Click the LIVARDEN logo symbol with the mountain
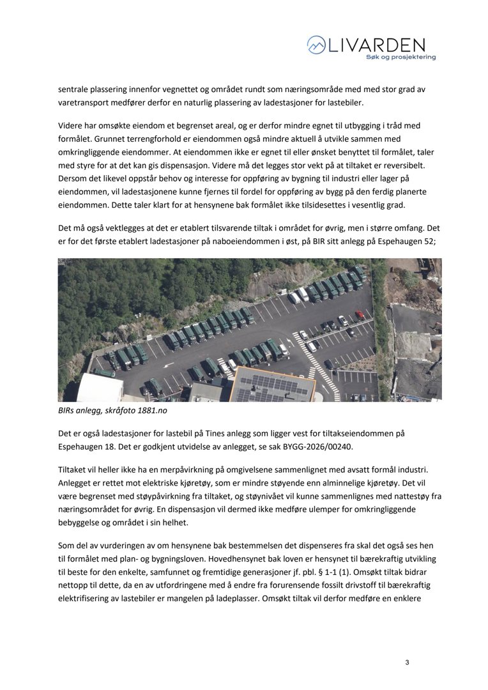316,45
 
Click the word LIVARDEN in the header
376,44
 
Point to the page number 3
407,662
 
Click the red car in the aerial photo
359,315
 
